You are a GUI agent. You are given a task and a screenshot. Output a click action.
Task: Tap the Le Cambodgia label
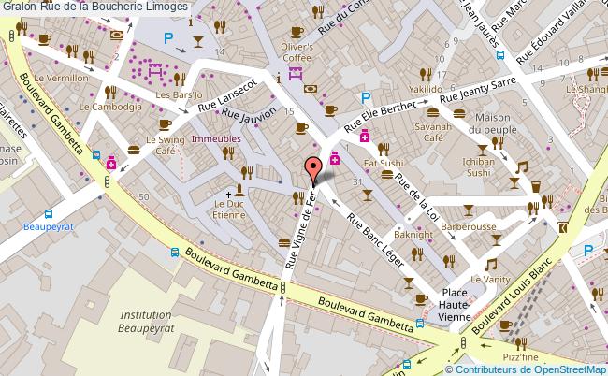click(x=110, y=108)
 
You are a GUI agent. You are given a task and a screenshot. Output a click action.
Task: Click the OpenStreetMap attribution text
click(x=557, y=369)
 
